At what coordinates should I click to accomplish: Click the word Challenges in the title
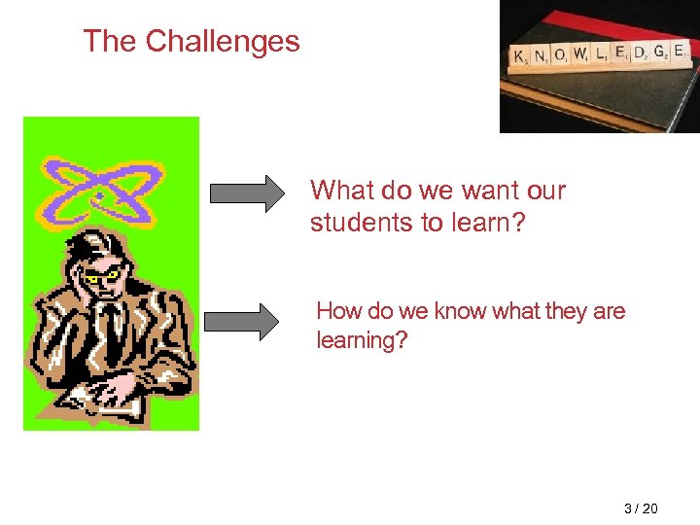[223, 41]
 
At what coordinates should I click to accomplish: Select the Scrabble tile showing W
[579, 55]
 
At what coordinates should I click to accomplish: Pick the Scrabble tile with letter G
[659, 51]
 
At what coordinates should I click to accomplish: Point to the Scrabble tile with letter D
[639, 52]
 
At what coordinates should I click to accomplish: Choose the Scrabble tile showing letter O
[560, 56]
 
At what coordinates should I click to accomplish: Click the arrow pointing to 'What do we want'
[244, 192]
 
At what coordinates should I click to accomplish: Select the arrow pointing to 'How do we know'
[241, 322]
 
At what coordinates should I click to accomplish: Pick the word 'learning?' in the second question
[362, 340]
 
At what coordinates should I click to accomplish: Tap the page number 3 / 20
[641, 508]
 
